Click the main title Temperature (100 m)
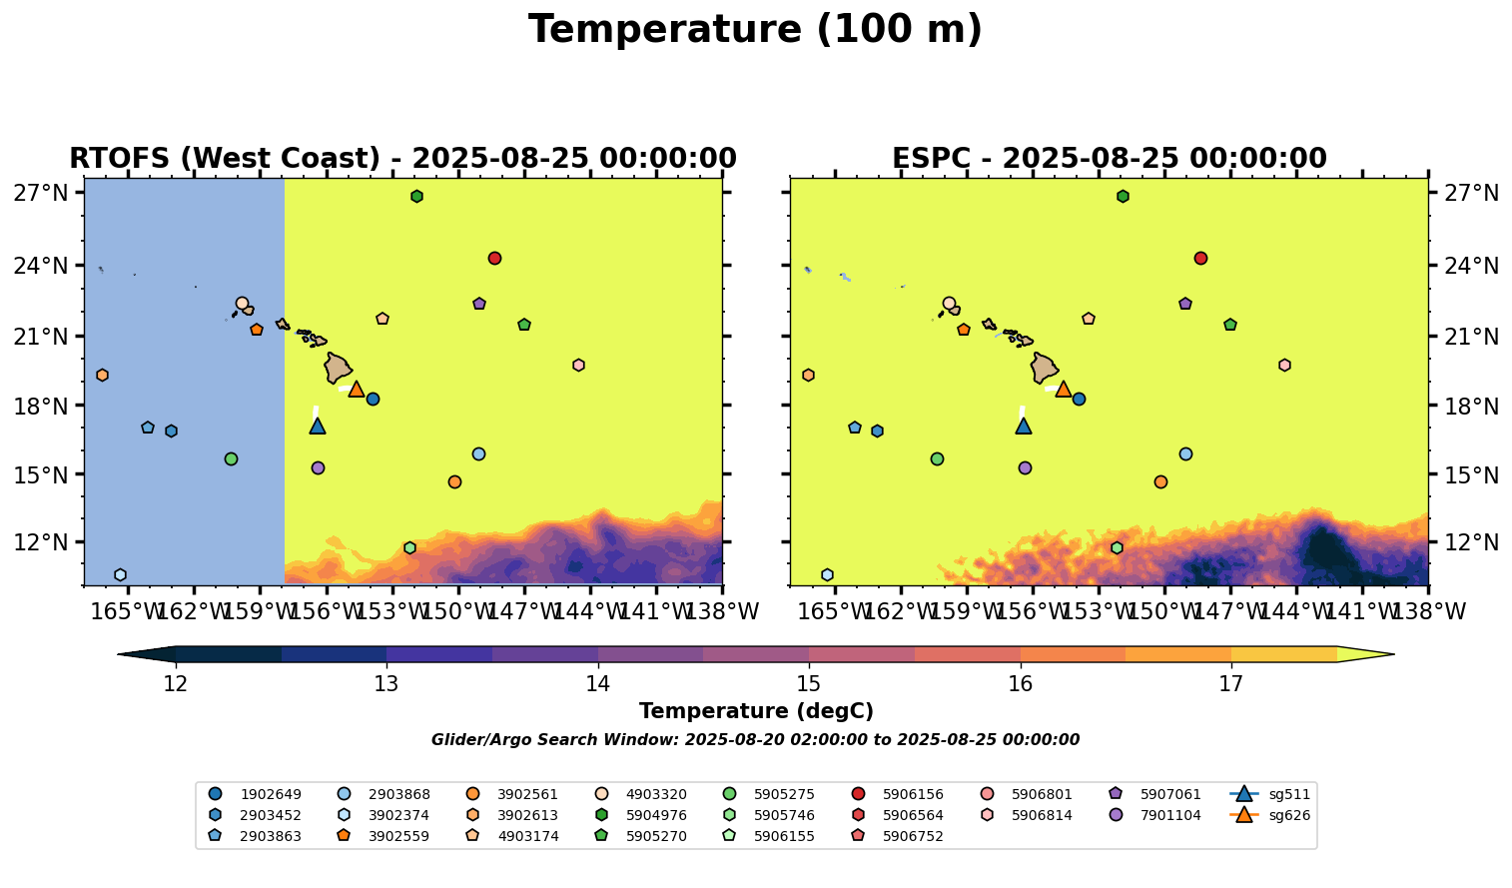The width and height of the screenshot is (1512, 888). click(x=755, y=30)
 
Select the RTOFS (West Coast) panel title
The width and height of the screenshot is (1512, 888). click(x=402, y=159)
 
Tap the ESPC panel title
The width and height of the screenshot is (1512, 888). click(x=1109, y=159)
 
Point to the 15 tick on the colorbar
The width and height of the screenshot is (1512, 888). click(x=809, y=684)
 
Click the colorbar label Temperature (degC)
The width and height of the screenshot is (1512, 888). click(x=756, y=711)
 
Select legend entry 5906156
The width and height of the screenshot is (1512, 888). click(x=912, y=794)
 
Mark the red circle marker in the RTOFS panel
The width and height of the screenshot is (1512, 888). click(x=494, y=258)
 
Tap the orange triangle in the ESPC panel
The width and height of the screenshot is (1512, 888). click(x=1064, y=389)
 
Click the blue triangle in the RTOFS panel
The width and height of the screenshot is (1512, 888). click(x=318, y=426)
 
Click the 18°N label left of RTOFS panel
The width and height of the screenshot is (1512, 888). click(x=41, y=407)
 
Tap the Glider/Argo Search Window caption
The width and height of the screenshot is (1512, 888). click(x=755, y=740)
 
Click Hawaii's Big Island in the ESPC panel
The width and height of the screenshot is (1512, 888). click(x=1045, y=368)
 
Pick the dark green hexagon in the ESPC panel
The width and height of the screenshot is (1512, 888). click(x=1123, y=196)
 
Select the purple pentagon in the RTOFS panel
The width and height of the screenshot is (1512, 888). click(x=479, y=304)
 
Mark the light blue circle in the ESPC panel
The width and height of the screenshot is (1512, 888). click(x=1185, y=453)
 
